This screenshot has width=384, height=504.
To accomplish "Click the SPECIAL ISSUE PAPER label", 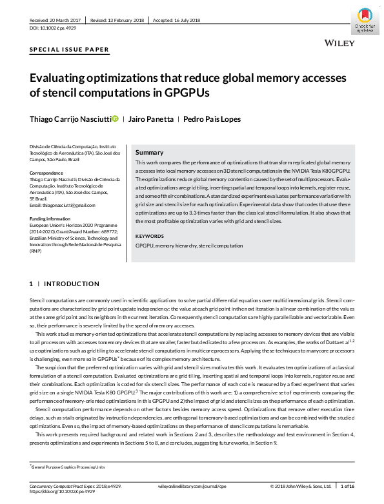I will pos(70,50).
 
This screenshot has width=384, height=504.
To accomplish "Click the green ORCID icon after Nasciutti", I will pos(115,119).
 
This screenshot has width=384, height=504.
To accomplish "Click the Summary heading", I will pos(148,152).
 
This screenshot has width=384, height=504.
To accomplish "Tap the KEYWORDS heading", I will pos(150,236).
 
